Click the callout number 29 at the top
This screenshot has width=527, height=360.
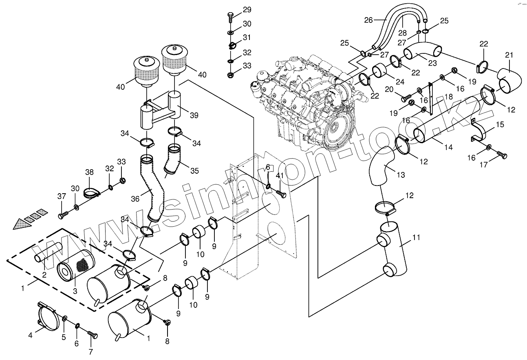(x=247, y=10)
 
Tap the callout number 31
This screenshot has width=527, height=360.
(x=247, y=38)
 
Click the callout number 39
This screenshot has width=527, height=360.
(x=194, y=115)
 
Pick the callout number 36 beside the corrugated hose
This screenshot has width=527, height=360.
(x=135, y=199)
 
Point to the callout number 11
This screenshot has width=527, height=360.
(x=416, y=237)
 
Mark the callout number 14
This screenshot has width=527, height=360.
(x=448, y=147)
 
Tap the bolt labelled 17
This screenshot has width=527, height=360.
(x=502, y=155)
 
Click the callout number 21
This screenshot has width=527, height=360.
(x=509, y=55)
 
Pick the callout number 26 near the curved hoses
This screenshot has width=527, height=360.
(x=368, y=20)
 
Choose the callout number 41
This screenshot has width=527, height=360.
(x=280, y=175)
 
